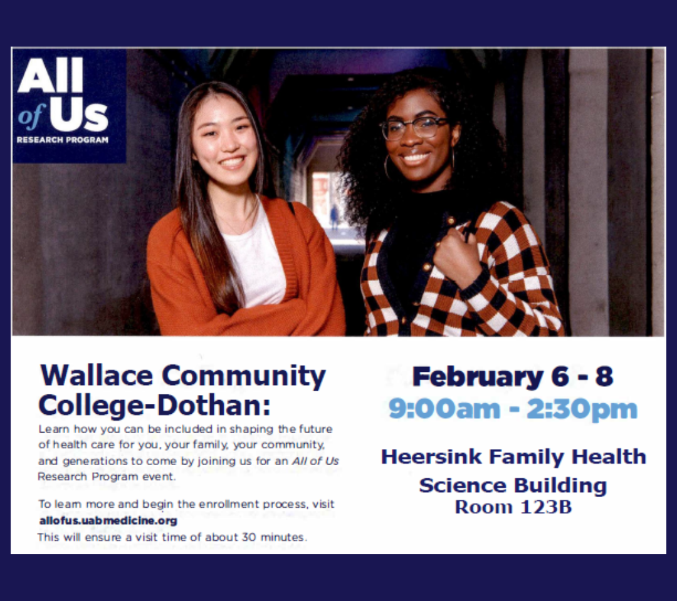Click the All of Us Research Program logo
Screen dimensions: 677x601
[x=69, y=106]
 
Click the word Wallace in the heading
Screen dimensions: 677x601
[x=97, y=376]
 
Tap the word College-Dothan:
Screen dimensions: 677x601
[x=155, y=405]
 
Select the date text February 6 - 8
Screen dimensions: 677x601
[x=513, y=376]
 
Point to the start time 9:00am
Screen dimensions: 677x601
[x=444, y=408]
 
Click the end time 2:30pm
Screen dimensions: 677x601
[x=582, y=409]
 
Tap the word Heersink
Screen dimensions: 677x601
[x=431, y=456]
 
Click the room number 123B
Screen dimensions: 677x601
[x=546, y=507]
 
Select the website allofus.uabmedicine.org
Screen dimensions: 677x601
[x=108, y=521]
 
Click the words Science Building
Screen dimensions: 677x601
[x=513, y=486]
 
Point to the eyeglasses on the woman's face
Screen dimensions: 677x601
[x=414, y=128]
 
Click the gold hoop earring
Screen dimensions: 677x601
[x=387, y=167]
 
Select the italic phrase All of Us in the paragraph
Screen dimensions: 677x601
[x=315, y=461]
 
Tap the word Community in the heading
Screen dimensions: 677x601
[x=243, y=376]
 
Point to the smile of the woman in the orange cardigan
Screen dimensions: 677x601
[x=233, y=162]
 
